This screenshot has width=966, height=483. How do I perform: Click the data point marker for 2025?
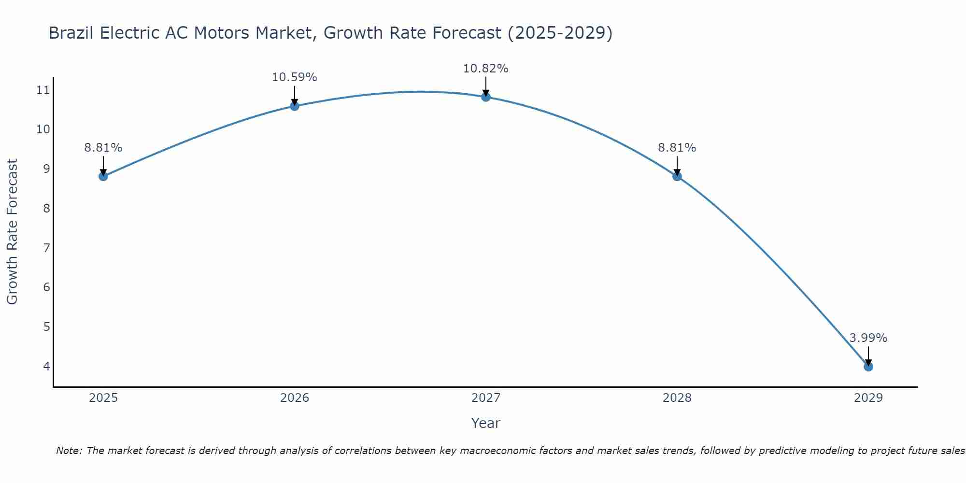click(x=103, y=176)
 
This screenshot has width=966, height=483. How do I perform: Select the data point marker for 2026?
click(x=295, y=106)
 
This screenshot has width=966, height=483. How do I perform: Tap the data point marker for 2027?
click(x=486, y=97)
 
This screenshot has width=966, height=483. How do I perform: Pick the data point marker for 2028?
click(x=677, y=176)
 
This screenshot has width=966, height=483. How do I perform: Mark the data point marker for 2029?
click(x=868, y=367)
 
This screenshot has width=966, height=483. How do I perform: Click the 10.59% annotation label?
click(x=294, y=77)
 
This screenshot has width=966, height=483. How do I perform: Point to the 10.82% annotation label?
click(x=485, y=69)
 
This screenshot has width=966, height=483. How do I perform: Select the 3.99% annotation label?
click(x=868, y=338)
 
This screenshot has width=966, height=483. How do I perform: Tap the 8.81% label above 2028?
click(x=677, y=148)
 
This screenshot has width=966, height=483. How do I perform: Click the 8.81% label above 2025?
click(x=103, y=148)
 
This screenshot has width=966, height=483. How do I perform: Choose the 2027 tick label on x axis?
click(x=486, y=398)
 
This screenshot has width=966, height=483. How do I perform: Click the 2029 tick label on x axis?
click(x=868, y=398)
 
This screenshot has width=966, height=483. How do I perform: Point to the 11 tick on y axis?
click(x=43, y=90)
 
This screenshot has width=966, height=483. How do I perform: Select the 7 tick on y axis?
click(x=46, y=248)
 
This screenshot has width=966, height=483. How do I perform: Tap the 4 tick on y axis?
click(x=46, y=366)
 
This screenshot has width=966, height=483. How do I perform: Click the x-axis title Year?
click(x=485, y=423)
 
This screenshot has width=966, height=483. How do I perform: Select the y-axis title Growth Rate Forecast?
click(x=12, y=232)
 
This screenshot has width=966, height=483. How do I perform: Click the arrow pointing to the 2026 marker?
click(x=295, y=95)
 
